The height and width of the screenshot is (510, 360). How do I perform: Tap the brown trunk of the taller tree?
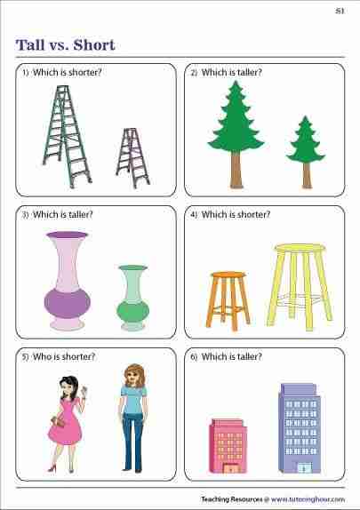click(236, 170)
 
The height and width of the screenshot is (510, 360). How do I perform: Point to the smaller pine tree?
click(306, 152)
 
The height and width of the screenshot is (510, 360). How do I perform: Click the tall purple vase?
click(67, 281)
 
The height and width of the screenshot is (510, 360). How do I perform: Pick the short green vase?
click(132, 298)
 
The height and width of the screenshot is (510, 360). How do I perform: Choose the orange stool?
click(228, 300)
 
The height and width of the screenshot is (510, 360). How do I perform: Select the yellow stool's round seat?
click(300, 248)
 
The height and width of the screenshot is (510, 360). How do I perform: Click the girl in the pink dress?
click(67, 424)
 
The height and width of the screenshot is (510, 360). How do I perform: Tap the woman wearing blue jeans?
click(133, 418)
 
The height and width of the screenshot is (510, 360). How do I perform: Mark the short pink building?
click(228, 446)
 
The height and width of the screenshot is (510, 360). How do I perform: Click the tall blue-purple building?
click(300, 428)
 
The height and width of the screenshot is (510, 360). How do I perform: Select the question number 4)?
click(194, 215)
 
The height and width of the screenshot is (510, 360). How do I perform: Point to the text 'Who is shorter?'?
click(64, 357)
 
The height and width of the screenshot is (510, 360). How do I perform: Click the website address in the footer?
click(308, 499)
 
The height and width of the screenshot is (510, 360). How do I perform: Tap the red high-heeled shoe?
click(52, 468)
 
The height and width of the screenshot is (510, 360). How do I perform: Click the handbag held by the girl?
click(58, 421)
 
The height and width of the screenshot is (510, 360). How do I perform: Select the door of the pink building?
click(230, 468)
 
